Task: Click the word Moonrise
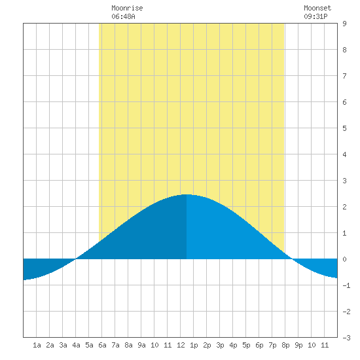tap(127, 8)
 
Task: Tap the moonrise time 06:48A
tap(123, 16)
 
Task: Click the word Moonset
tap(317, 8)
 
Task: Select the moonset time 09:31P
tap(315, 16)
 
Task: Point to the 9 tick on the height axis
tap(344, 24)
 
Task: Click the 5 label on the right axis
tap(344, 128)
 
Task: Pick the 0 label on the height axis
tap(344, 259)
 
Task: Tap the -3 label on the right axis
tap(346, 338)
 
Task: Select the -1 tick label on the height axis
tap(346, 285)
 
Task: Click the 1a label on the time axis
tap(37, 345)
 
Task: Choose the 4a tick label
tap(76, 345)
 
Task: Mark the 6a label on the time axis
tap(102, 345)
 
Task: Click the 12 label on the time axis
tap(181, 345)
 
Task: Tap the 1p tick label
tap(194, 345)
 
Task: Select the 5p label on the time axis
tap(246, 345)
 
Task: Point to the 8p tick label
tap(285, 345)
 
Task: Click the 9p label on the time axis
tap(298, 345)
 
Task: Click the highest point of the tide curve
tap(187, 194)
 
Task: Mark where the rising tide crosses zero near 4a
tap(75, 259)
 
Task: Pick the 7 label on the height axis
tap(344, 76)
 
